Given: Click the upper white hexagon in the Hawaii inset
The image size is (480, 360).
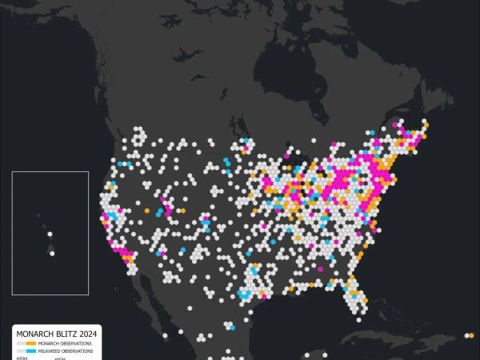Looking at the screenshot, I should [50, 235].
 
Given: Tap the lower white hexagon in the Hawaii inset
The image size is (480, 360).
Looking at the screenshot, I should [52, 254].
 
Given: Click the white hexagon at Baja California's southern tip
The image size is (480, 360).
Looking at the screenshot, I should [163, 336].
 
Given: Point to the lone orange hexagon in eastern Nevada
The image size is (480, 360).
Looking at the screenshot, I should [146, 210].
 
